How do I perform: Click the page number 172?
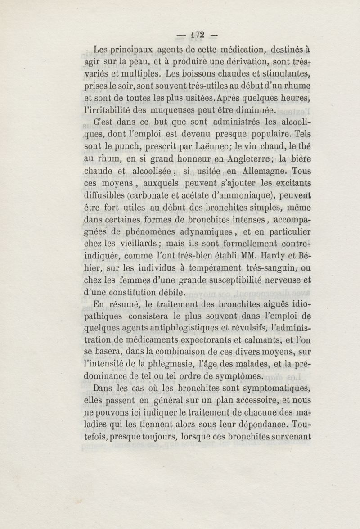[x=198, y=34]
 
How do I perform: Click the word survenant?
[x=288, y=437]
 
